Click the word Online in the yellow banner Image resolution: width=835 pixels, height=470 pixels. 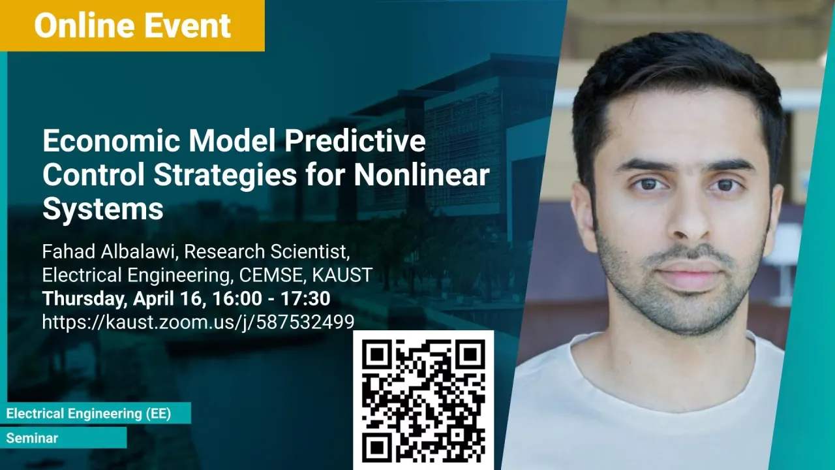coord(84,25)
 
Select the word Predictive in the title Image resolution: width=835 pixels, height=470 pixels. coord(354,141)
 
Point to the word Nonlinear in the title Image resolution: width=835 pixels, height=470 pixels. coord(421,175)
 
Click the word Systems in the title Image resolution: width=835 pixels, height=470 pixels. coord(103,210)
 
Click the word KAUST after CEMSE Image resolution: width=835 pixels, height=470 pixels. coord(342,275)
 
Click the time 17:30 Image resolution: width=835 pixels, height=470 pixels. coord(305,298)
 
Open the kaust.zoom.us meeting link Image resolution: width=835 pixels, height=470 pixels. coord(198,322)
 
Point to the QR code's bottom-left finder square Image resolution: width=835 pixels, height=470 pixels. coord(377,447)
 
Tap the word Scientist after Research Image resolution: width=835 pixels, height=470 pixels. coord(310,252)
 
